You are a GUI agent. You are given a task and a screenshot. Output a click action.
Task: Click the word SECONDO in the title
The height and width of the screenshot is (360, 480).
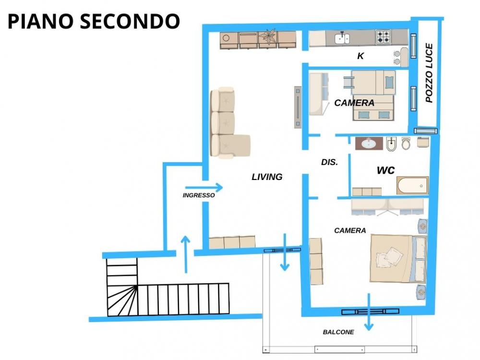[x=130, y=21]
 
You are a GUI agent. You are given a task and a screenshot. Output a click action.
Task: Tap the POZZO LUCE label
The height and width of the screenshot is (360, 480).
[x=429, y=73]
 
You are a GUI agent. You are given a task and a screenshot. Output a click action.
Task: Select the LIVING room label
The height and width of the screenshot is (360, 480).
[x=267, y=177]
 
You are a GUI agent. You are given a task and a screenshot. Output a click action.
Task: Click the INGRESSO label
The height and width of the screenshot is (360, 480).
[x=199, y=195]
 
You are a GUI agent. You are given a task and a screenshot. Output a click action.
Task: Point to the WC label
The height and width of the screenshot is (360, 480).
[x=386, y=170]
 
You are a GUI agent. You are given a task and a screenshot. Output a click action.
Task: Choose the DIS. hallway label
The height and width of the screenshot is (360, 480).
[x=329, y=162]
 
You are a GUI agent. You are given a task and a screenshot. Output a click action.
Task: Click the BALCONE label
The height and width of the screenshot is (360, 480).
[x=338, y=332]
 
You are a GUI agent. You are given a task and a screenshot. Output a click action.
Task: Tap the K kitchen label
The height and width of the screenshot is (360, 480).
[x=360, y=56]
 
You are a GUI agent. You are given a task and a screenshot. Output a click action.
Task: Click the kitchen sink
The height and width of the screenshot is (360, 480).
[x=342, y=38]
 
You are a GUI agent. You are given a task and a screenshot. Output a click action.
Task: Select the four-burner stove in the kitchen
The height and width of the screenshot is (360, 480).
[x=383, y=37]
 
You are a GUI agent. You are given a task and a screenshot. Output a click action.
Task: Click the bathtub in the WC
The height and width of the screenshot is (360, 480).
[x=412, y=185]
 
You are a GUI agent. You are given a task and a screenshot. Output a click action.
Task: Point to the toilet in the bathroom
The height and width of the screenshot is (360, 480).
[x=406, y=143]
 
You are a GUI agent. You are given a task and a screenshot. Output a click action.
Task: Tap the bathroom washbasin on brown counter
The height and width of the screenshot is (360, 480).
[x=369, y=143]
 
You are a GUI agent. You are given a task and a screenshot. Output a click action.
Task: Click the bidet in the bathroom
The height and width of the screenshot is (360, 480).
[x=391, y=144]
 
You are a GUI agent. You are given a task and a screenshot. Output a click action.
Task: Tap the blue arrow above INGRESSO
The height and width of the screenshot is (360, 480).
[x=204, y=187]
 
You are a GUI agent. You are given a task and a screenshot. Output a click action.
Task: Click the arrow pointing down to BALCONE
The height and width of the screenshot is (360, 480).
[x=369, y=312]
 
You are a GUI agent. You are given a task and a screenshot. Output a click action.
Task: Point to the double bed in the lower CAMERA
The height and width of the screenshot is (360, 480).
[x=398, y=258]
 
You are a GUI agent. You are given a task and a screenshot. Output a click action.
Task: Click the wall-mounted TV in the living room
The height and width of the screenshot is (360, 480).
[x=298, y=107]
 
